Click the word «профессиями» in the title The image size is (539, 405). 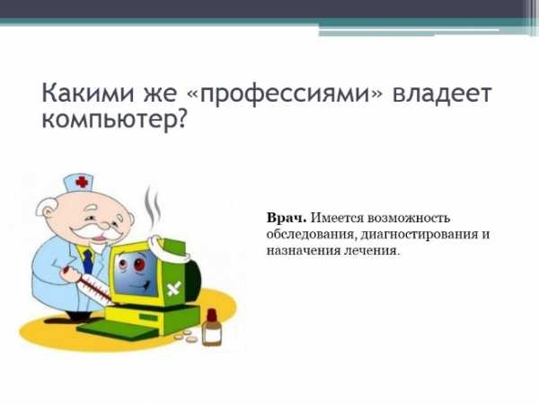tap(285, 93)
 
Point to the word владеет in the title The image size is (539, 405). tap(442, 93)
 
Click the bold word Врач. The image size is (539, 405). tap(287, 218)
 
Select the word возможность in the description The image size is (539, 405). tap(409, 219)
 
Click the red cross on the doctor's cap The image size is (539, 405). tap(82, 182)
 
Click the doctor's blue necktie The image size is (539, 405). tap(89, 261)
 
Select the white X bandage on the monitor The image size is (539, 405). tap(174, 288)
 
